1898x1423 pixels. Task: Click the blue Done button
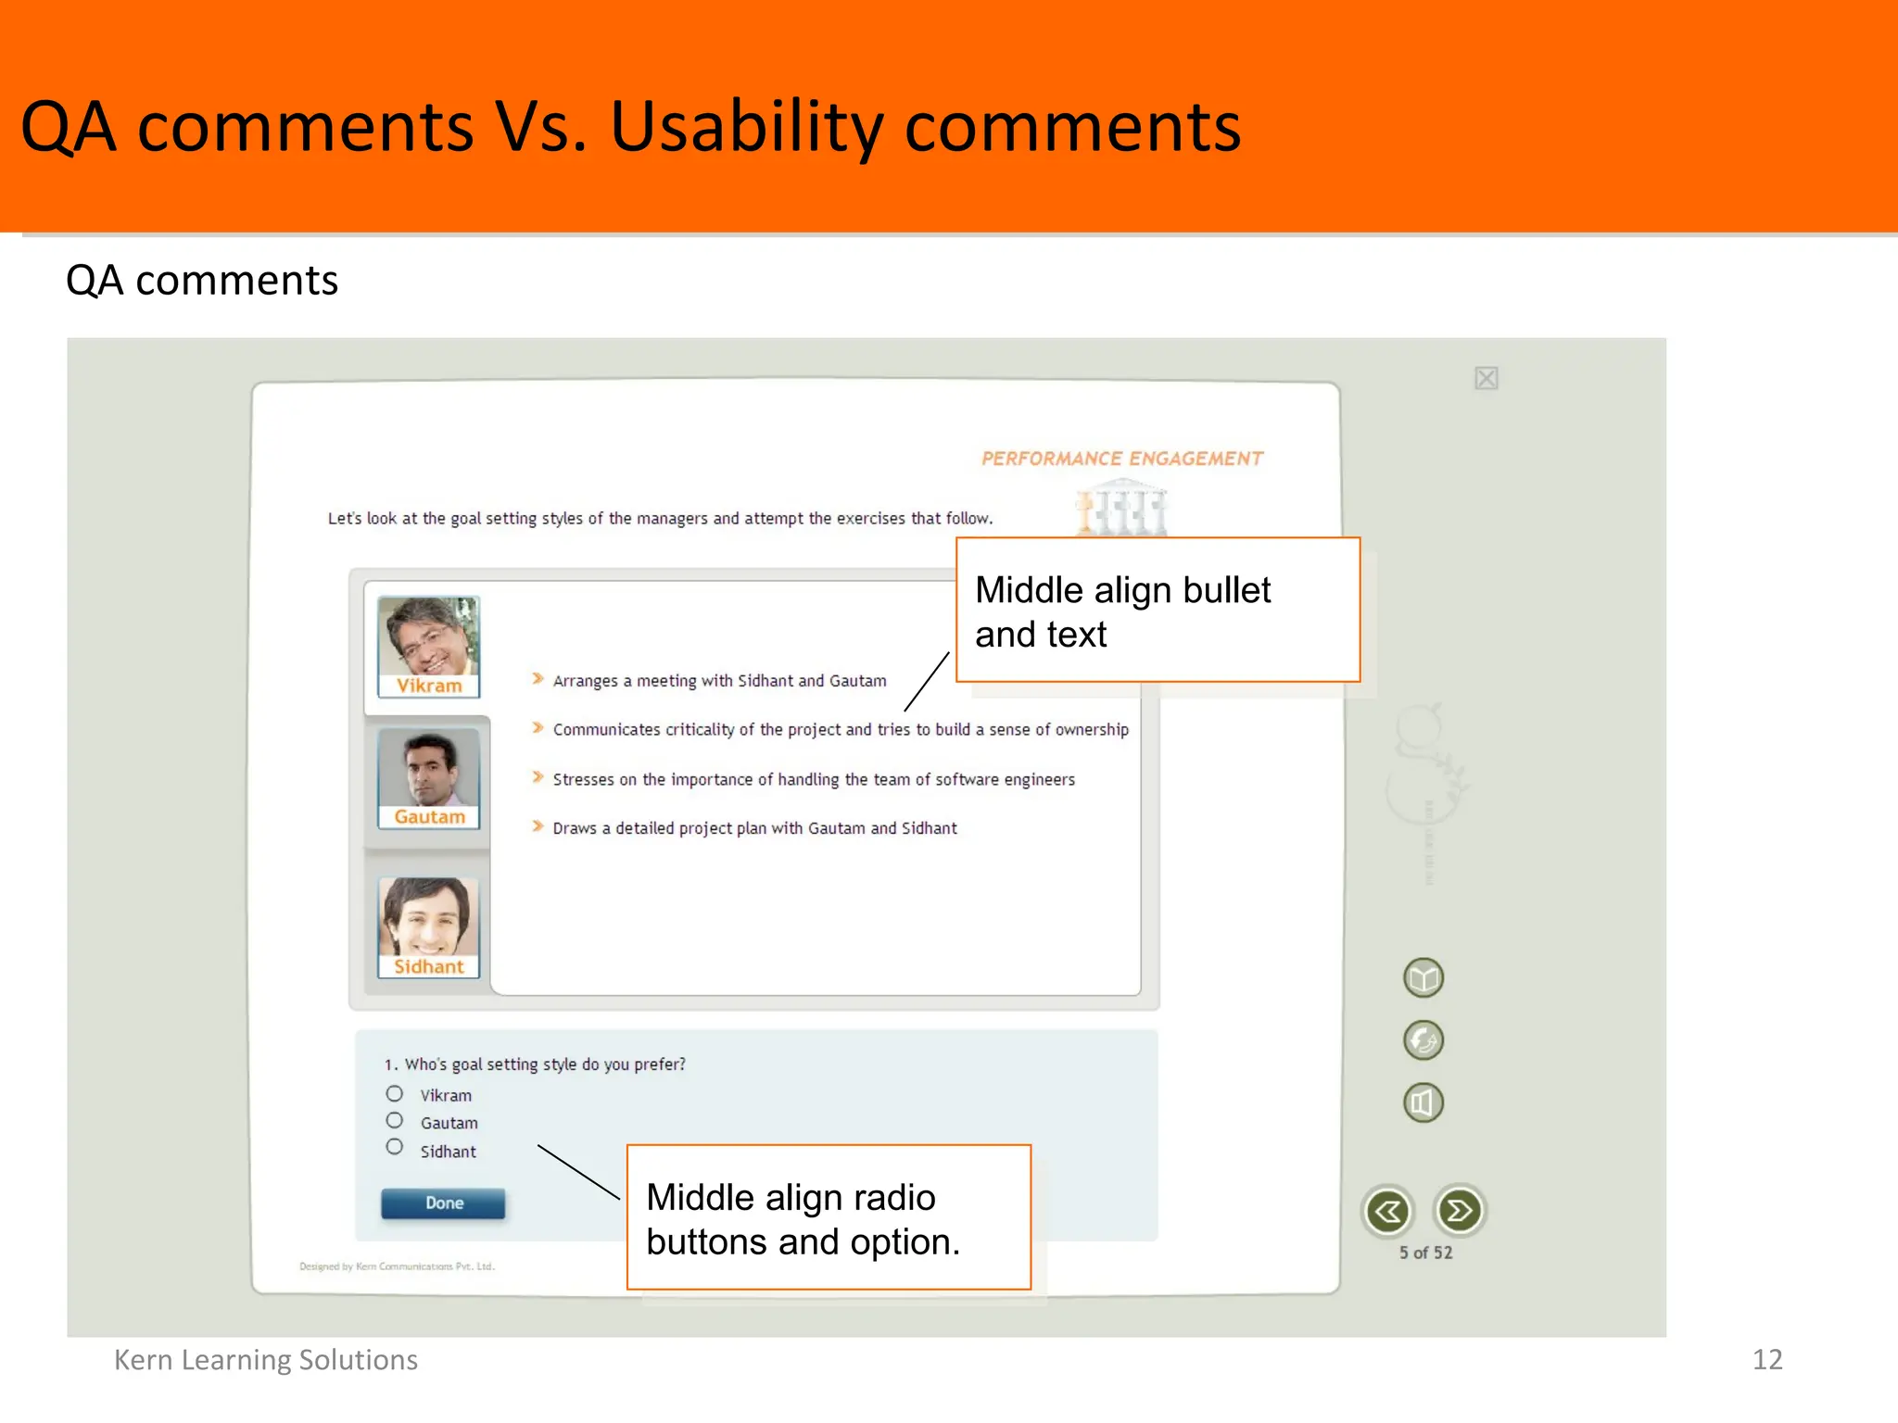443,1203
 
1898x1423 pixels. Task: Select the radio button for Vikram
395,1093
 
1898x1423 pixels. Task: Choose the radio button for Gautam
395,1120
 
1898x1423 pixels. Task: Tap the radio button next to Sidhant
395,1147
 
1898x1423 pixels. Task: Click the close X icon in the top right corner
1487,378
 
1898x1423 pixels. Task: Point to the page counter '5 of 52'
1425,1253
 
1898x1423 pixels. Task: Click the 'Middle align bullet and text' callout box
1158,611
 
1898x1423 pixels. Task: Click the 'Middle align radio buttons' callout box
829,1217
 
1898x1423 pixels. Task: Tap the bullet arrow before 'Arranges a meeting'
538,679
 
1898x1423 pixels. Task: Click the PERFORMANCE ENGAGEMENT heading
1121,459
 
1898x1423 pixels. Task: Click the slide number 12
1766,1359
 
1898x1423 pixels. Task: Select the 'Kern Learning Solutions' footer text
266,1359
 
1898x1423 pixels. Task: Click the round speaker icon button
1423,1102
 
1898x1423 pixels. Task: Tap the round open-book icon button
1423,977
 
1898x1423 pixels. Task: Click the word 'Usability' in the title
746,127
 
